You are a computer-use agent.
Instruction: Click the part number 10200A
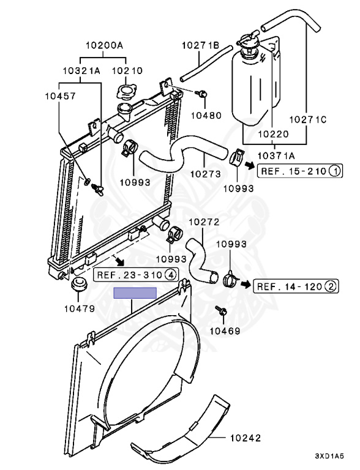click(x=105, y=45)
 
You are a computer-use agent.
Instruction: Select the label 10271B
click(x=201, y=45)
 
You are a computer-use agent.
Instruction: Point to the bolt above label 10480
click(x=202, y=94)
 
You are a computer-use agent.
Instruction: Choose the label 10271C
click(x=308, y=119)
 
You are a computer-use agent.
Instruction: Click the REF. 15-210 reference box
click(x=300, y=171)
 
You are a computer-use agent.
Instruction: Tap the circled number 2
click(x=331, y=286)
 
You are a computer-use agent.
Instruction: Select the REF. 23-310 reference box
click(x=136, y=275)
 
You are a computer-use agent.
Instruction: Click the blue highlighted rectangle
click(x=135, y=293)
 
